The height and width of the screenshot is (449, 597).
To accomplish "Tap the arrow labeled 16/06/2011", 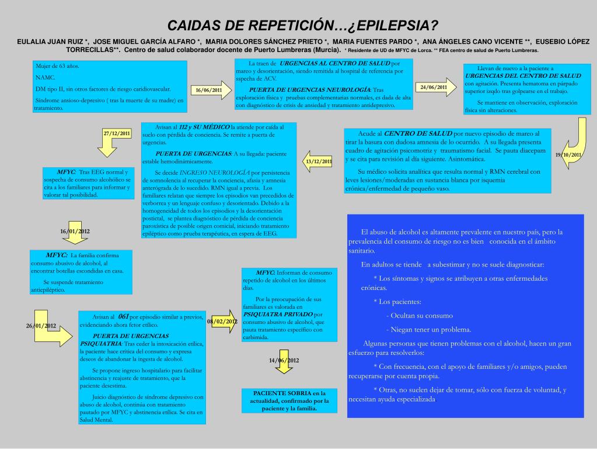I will tap(210, 90).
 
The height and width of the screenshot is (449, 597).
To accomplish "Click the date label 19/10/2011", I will tap(568, 154).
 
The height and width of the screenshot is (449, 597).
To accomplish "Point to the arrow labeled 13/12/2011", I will tap(317, 161).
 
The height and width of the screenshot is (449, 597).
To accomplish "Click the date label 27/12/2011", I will tap(117, 134).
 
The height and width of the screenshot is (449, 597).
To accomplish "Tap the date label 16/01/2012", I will tap(75, 232).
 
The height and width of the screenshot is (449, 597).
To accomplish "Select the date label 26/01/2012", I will tap(41, 325).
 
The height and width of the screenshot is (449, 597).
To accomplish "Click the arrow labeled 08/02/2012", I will tap(222, 321).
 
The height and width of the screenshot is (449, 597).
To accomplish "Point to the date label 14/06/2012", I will tap(284, 360).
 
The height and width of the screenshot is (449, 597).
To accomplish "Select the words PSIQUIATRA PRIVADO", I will tap(274, 314).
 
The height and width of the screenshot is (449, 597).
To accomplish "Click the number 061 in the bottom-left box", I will tap(123, 316).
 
